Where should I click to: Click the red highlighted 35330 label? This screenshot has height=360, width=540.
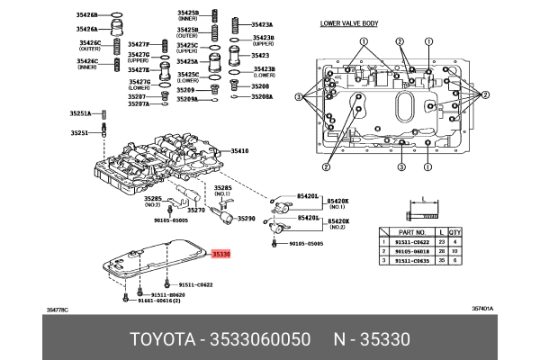(x=221, y=255)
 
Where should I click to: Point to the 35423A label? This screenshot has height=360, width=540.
(x=262, y=24)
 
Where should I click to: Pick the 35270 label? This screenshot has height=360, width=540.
(x=196, y=210)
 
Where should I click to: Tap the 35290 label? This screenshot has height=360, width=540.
(x=246, y=219)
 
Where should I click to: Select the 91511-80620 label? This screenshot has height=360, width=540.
(x=168, y=294)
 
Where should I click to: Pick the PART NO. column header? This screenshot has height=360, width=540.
(x=400, y=231)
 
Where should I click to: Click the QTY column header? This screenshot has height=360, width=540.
(x=455, y=231)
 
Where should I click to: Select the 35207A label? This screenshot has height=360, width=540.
(x=138, y=104)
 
